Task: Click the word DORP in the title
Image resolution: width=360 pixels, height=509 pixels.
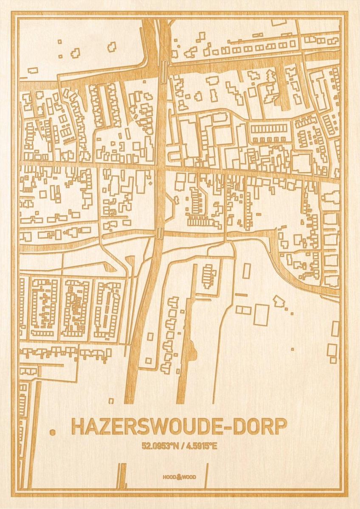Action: click(262, 427)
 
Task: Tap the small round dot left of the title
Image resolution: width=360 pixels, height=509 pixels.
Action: click(53, 432)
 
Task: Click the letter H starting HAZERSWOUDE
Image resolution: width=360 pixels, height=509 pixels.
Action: click(78, 427)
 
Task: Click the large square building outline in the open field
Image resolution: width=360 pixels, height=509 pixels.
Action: click(261, 315)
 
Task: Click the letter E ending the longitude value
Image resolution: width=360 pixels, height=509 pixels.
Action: click(215, 446)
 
